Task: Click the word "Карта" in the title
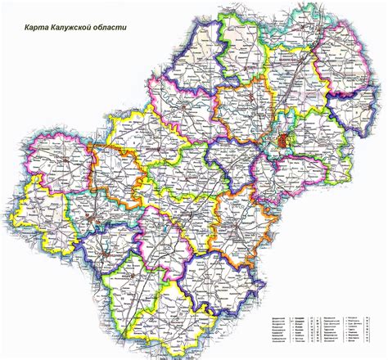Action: (x=39, y=34)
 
